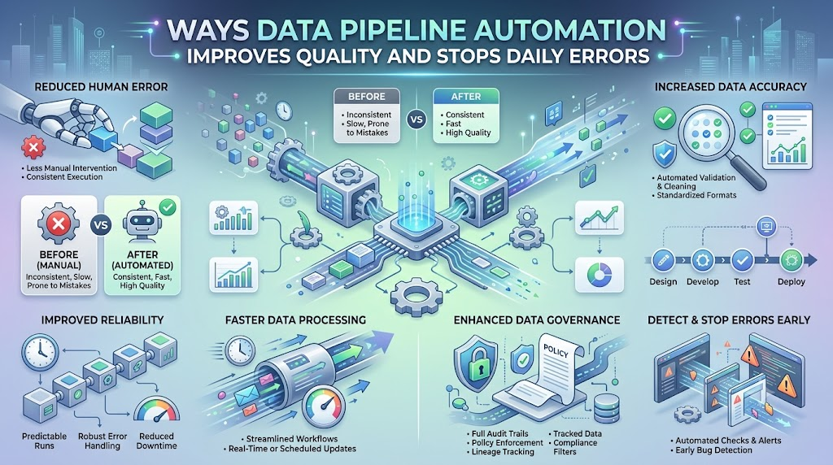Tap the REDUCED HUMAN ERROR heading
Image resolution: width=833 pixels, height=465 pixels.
click(x=101, y=86)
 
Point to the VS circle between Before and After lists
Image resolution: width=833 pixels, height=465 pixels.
click(x=416, y=120)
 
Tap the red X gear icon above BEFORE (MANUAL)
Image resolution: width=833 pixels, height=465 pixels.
click(x=59, y=224)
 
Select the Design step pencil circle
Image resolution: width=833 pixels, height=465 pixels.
click(x=662, y=260)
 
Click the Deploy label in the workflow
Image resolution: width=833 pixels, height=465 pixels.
click(x=791, y=282)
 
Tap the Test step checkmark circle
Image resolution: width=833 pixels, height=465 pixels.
click(x=742, y=260)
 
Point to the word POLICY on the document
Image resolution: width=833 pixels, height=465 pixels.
click(x=556, y=351)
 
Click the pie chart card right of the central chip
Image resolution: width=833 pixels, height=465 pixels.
click(x=600, y=275)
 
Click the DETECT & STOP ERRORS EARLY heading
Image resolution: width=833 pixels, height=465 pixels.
click(x=729, y=319)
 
